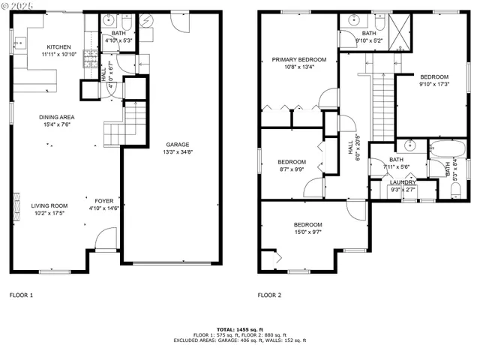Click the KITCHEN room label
[x=58, y=46]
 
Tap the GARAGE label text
[x=177, y=145]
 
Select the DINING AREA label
[x=56, y=117]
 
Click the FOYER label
[x=103, y=201]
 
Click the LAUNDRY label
[x=403, y=182]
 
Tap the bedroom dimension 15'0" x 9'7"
[x=307, y=232]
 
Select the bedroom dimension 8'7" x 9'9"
[x=292, y=169]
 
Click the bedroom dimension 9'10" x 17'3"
[x=433, y=84]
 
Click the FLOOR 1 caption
[x=21, y=295]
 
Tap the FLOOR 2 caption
[x=269, y=295]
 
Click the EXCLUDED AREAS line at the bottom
[x=239, y=340]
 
